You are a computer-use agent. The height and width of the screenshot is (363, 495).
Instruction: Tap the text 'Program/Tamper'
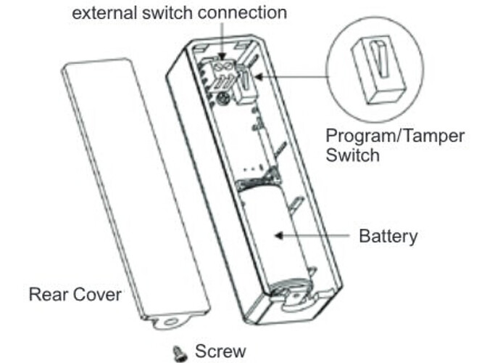pos(395,136)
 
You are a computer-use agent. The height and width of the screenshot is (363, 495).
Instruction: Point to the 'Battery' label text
pos(388,236)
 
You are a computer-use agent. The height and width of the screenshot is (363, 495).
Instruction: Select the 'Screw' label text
pos(220,351)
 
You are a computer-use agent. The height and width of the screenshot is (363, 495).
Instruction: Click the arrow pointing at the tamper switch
pos(290,73)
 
